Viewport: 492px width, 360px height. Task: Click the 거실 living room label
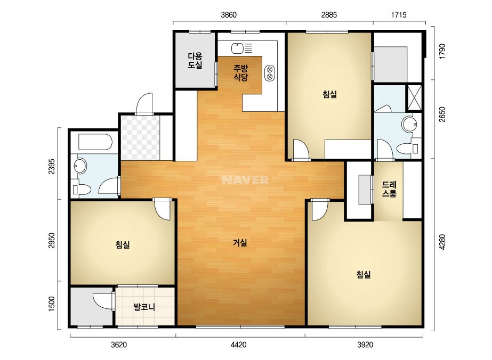pyautogui.click(x=240, y=242)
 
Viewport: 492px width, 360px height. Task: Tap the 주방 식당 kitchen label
pyautogui.click(x=240, y=73)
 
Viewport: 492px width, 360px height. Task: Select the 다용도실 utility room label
pyautogui.click(x=195, y=61)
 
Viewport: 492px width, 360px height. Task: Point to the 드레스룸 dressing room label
pyautogui.click(x=389, y=189)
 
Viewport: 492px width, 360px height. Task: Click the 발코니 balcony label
pyautogui.click(x=144, y=307)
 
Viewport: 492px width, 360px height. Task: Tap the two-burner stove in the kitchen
pyautogui.click(x=270, y=73)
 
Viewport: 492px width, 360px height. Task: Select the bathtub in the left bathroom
pyautogui.click(x=95, y=143)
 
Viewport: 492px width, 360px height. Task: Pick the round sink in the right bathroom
pyautogui.click(x=410, y=124)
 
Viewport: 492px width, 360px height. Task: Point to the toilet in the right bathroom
pyautogui.click(x=408, y=149)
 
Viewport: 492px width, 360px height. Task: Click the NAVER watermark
pyautogui.click(x=245, y=180)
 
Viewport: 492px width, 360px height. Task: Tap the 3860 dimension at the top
pyautogui.click(x=229, y=15)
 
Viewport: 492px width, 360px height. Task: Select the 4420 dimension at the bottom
pyautogui.click(x=238, y=345)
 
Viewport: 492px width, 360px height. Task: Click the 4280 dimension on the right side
pyautogui.click(x=442, y=242)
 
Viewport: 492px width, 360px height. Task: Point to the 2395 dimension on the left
pyautogui.click(x=52, y=167)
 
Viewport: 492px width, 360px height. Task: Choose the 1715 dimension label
pyautogui.click(x=399, y=15)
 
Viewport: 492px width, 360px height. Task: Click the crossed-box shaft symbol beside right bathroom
pyautogui.click(x=414, y=97)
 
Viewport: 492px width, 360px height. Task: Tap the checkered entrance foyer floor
pyautogui.click(x=140, y=138)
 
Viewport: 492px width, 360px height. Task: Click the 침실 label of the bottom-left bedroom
pyautogui.click(x=123, y=244)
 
